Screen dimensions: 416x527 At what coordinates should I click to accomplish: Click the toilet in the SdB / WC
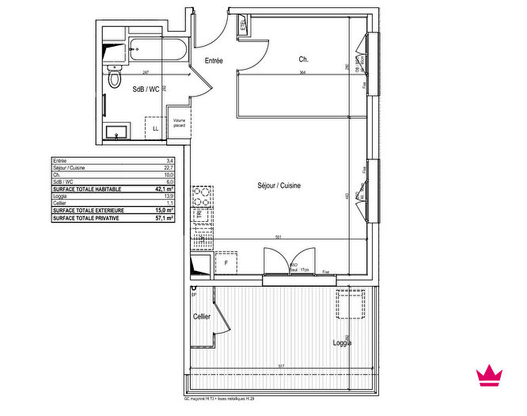click(x=116, y=78)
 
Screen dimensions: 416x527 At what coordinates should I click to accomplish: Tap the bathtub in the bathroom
click(x=157, y=51)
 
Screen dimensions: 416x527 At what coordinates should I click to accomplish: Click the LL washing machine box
click(x=155, y=128)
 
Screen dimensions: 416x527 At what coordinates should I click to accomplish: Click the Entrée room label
click(x=214, y=61)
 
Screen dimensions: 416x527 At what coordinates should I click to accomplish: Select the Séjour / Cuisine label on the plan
click(x=279, y=186)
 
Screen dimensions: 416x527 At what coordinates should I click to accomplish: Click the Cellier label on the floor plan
click(x=202, y=316)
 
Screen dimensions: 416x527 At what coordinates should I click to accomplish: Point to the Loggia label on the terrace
click(x=342, y=343)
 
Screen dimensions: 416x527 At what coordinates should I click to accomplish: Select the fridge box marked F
click(x=226, y=262)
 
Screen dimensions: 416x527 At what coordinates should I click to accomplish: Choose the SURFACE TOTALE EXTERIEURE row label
click(x=85, y=210)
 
